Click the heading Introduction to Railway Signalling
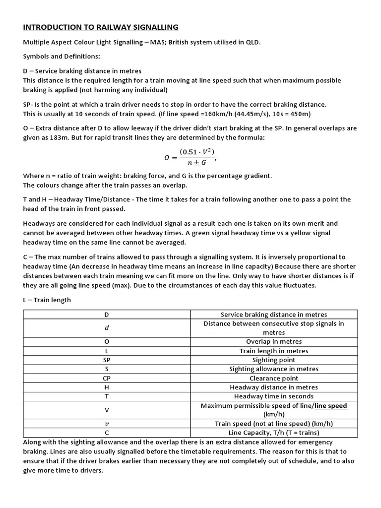(x=101, y=27)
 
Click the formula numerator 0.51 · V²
(x=197, y=152)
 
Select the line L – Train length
(x=47, y=300)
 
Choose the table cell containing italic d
(x=107, y=328)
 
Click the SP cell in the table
(x=107, y=360)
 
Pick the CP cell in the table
(x=107, y=378)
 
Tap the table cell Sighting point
(x=273, y=360)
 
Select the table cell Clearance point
(x=273, y=378)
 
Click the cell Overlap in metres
(x=273, y=342)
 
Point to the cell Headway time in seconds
(x=273, y=396)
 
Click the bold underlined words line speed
(x=330, y=406)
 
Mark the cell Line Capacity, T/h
(x=273, y=433)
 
